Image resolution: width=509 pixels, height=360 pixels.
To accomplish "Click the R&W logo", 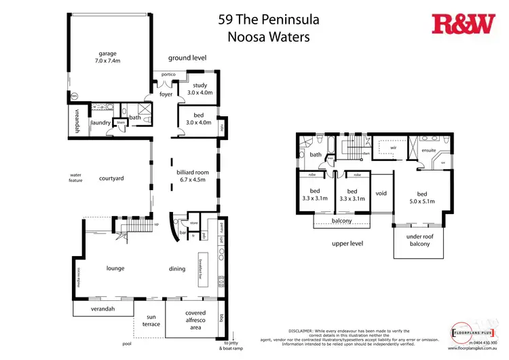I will tap(464, 24).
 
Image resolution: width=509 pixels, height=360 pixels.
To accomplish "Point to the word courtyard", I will tap(111, 179).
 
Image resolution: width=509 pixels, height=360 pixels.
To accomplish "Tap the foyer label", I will tap(166, 94).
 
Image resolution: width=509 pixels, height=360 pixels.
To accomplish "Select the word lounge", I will tap(115, 268).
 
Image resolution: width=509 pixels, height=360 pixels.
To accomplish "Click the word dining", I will tap(177, 269).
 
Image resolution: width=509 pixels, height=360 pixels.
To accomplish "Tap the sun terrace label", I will tap(151, 321).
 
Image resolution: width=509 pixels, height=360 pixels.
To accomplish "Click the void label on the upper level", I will tap(381, 194).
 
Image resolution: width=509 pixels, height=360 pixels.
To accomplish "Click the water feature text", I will tap(75, 178).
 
